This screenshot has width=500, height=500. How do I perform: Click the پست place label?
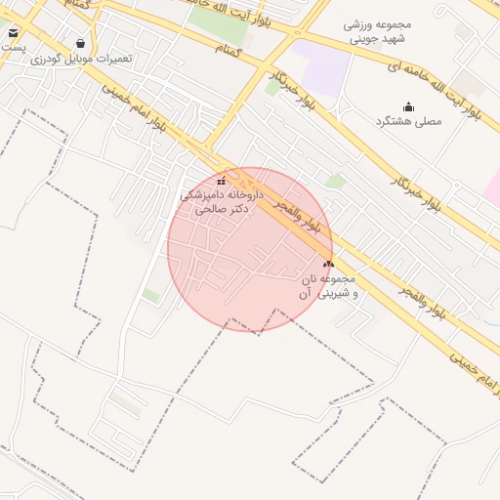pos(9,47)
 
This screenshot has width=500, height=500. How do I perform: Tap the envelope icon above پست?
pos(13,32)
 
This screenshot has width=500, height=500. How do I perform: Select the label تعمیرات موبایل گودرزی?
pos(81,59)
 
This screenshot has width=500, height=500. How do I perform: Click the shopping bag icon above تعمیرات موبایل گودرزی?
pos(80,44)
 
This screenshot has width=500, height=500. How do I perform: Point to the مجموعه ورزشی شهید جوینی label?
pos(379,32)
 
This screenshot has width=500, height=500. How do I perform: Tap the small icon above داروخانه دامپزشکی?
pos(222,181)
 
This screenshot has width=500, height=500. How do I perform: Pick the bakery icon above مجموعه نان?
pos(328,264)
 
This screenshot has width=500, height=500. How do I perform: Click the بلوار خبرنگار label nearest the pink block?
pos(414,189)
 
